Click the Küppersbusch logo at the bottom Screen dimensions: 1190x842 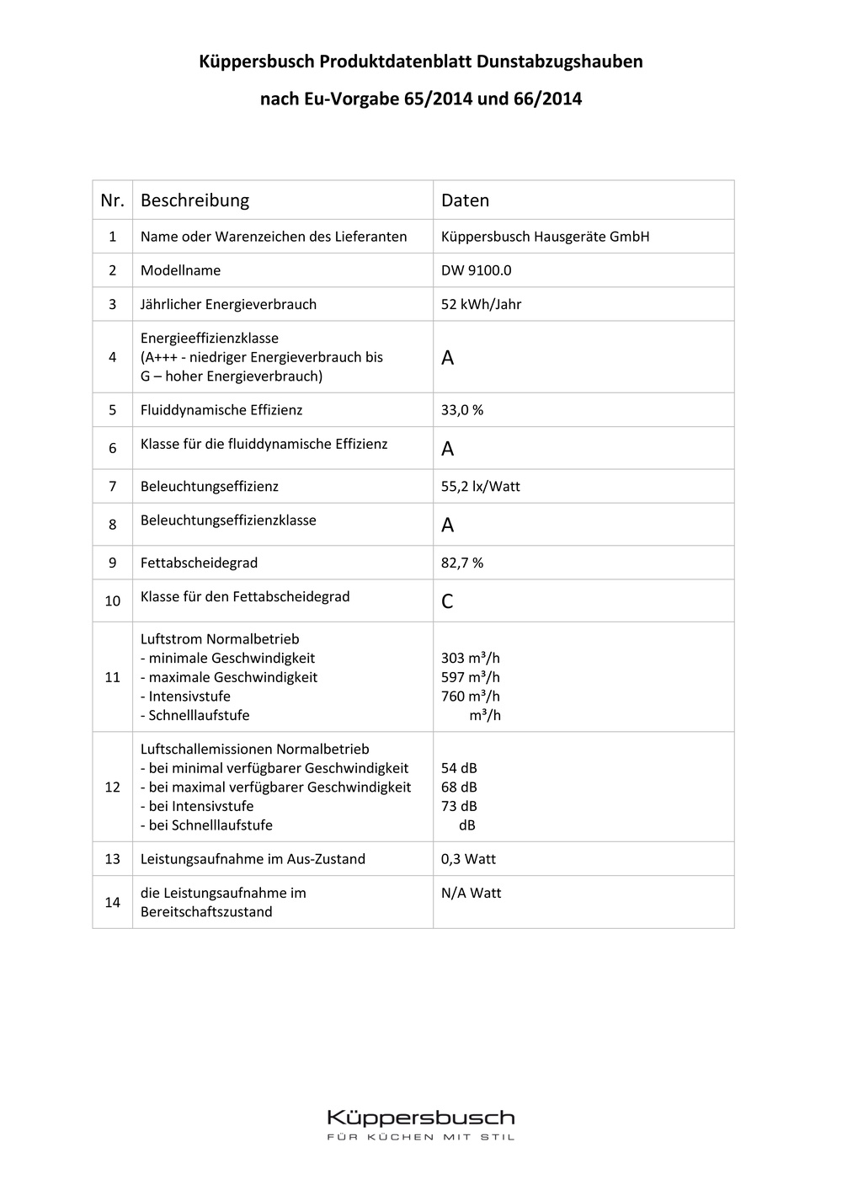[x=420, y=1118]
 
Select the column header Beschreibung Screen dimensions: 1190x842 [x=195, y=200]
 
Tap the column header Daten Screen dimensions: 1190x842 [x=465, y=200]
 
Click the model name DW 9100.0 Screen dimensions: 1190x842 [x=476, y=270]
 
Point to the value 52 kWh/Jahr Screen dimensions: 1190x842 [x=481, y=304]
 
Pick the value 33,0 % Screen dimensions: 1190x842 [x=462, y=410]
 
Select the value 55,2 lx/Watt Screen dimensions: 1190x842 [x=480, y=487]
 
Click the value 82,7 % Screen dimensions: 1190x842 [x=462, y=563]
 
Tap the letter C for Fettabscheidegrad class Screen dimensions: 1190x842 [x=447, y=601]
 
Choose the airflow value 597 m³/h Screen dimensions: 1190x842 [x=470, y=677]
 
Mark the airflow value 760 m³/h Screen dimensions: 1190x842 [x=470, y=696]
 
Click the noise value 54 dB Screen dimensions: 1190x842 [x=459, y=768]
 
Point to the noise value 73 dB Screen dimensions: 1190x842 [x=459, y=806]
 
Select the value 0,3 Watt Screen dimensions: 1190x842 [x=468, y=859]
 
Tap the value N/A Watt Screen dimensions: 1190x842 [x=471, y=893]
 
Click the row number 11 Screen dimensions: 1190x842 [x=112, y=677]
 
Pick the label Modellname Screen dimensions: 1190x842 [x=180, y=270]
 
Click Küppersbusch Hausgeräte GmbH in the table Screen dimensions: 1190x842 [x=545, y=237]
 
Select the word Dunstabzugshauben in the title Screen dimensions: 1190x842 [x=559, y=61]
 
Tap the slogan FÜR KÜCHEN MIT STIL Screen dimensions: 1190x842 [x=420, y=1138]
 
